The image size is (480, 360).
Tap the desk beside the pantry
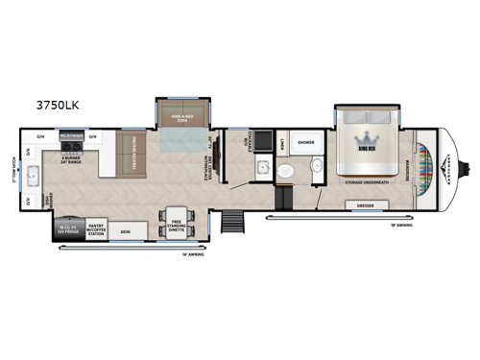coord(126,231)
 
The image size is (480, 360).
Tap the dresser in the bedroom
coord(364,204)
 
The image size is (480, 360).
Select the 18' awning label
coord(401,226)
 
